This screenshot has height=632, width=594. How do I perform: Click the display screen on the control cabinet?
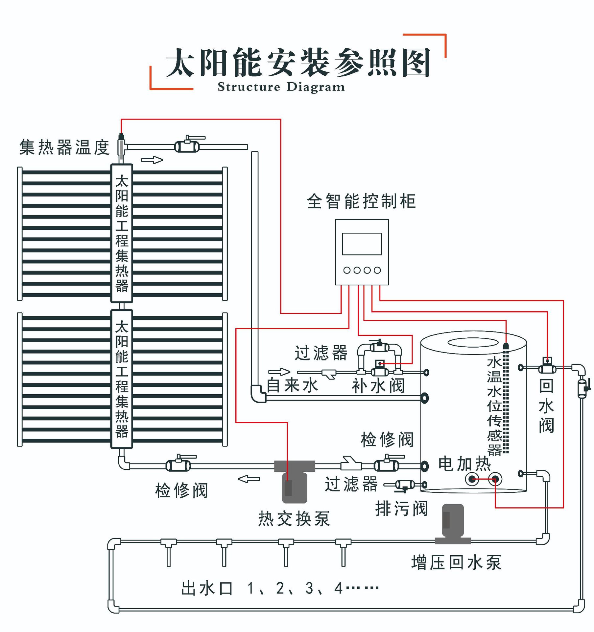pos(362,244)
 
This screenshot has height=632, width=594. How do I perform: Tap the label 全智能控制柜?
pos(361,201)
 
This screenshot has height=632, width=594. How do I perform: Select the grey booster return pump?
pos(453,522)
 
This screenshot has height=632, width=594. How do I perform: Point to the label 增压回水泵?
pos(456,563)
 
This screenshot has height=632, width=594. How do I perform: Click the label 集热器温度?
pos(64,147)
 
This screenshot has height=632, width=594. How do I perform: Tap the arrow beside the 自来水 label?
pos(279,372)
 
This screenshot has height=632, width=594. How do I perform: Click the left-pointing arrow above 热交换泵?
pos(249,479)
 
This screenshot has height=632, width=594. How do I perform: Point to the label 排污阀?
pos(401,509)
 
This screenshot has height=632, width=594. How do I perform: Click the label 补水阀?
pos(378,386)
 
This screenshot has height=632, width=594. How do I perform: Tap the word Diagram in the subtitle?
pos(315,87)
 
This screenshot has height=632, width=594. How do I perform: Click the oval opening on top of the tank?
pos(473,343)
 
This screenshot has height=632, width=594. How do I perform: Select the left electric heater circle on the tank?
pos(472,479)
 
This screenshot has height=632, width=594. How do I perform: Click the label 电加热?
pos(464,464)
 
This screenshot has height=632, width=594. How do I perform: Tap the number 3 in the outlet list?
pos(309,588)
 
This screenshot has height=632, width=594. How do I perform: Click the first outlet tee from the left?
pos(168,542)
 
